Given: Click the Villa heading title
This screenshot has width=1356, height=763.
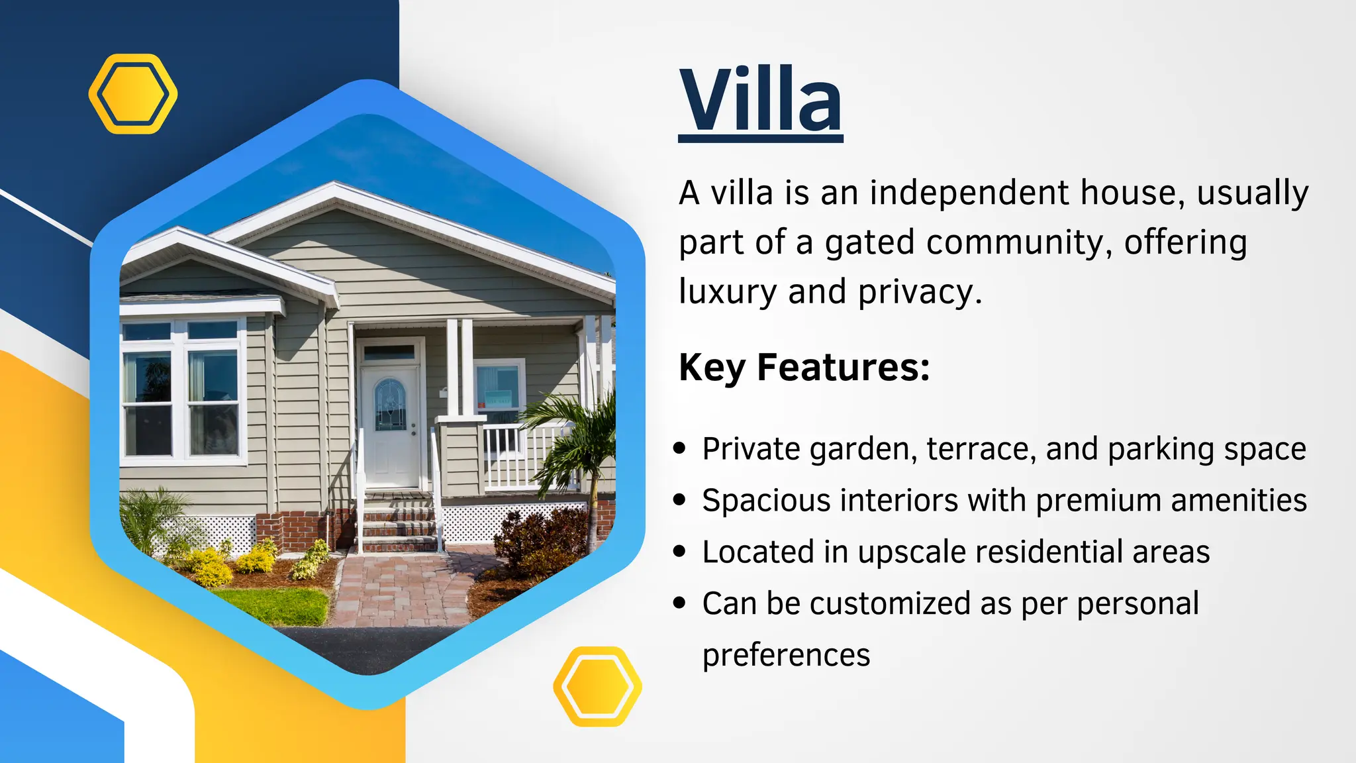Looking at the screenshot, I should tap(760, 101).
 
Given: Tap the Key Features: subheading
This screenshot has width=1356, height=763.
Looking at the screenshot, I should tap(804, 367).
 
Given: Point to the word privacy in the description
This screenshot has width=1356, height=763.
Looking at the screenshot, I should tap(919, 292).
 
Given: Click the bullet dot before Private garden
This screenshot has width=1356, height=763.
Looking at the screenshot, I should tap(679, 448).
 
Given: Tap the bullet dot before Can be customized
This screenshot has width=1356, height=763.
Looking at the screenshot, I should tap(679, 603).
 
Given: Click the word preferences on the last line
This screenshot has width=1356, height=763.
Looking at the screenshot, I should tap(786, 655).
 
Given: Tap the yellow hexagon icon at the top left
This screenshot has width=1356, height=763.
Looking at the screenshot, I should tap(133, 94).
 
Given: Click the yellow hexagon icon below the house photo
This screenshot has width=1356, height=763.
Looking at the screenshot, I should tap(597, 686).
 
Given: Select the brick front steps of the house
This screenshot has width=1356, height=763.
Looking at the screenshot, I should tap(397, 527).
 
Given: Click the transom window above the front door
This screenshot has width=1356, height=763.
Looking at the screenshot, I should tap(389, 352).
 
